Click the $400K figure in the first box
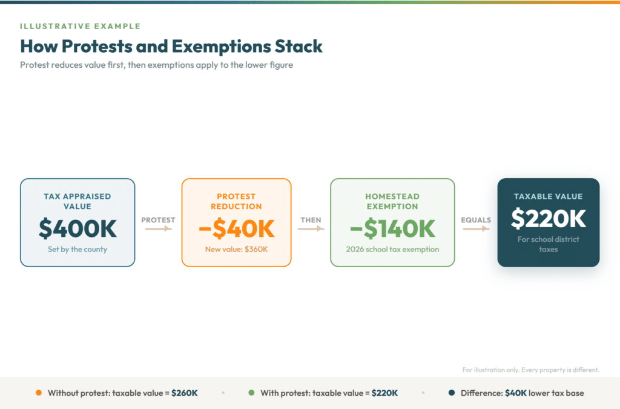[x=77, y=228]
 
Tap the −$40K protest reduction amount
[x=236, y=228]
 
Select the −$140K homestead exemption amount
[x=392, y=228]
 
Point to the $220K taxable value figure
[x=548, y=219]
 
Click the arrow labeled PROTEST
[x=158, y=228]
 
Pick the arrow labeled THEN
[x=311, y=228]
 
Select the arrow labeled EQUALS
[x=476, y=228]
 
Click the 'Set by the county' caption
[x=77, y=249]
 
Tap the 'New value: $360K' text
[x=236, y=249]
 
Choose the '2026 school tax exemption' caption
[x=392, y=249]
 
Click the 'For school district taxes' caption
[x=548, y=244]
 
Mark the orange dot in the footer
[x=39, y=393]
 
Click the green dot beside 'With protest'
[x=251, y=393]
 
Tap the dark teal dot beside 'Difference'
[x=452, y=393]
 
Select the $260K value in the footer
[x=184, y=393]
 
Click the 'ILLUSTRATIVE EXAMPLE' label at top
[x=80, y=26]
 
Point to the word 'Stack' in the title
[x=297, y=46]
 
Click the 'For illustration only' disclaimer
[x=530, y=370]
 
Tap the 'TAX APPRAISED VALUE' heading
[x=77, y=201]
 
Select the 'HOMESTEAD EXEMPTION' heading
[x=392, y=201]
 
